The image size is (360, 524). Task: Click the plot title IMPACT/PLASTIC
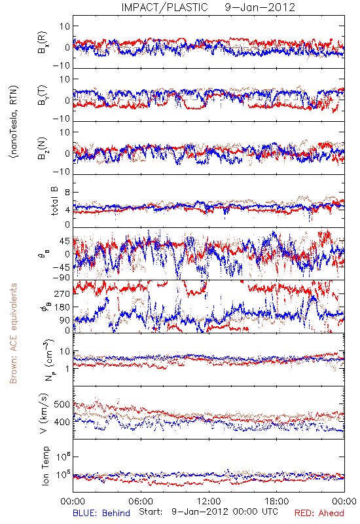click(165, 7)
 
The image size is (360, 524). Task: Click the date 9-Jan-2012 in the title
click(260, 7)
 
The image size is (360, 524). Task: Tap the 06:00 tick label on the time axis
click(141, 501)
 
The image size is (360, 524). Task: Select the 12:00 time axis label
click(209, 501)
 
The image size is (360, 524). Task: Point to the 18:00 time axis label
click(277, 501)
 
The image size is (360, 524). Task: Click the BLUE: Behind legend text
click(101, 513)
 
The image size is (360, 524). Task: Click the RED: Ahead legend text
click(319, 513)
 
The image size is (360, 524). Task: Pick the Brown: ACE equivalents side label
click(13, 333)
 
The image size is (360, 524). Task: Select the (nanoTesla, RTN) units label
click(14, 122)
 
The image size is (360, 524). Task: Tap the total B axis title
click(54, 201)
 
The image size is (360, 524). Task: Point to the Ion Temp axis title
click(45, 466)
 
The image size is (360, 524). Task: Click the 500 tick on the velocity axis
click(62, 404)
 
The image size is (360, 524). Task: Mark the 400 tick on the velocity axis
click(62, 422)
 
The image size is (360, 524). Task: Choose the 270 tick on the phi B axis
click(62, 293)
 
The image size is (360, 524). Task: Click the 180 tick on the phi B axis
click(62, 307)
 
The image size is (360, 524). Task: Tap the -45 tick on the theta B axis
click(62, 267)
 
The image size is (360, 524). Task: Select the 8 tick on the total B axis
click(67, 193)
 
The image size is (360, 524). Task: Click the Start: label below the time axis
click(151, 512)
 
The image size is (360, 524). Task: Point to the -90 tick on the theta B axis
click(62, 277)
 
